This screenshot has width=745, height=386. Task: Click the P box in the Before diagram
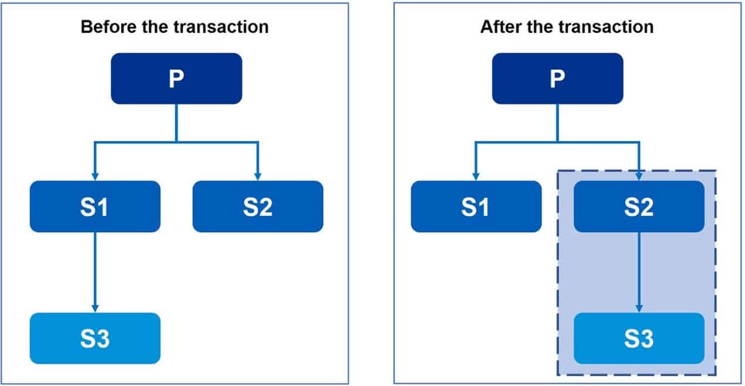click(176, 79)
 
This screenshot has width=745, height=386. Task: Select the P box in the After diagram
click(557, 79)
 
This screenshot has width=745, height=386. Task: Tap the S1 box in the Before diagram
click(95, 206)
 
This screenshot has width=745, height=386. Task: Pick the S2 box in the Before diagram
click(258, 206)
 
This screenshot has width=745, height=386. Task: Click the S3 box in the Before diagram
click(95, 338)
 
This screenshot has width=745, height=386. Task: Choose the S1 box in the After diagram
click(476, 206)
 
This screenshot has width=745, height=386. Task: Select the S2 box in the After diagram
click(639, 206)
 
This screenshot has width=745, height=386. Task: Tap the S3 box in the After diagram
click(639, 338)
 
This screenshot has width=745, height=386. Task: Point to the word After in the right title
click(499, 27)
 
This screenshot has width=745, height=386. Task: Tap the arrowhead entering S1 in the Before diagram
click(95, 177)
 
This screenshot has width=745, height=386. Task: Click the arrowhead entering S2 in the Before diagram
click(258, 177)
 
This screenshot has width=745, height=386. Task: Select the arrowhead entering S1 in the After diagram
click(476, 177)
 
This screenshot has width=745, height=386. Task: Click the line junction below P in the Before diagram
click(176, 141)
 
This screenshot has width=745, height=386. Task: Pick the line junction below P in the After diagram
click(557, 141)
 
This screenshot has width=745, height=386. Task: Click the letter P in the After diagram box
click(557, 79)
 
